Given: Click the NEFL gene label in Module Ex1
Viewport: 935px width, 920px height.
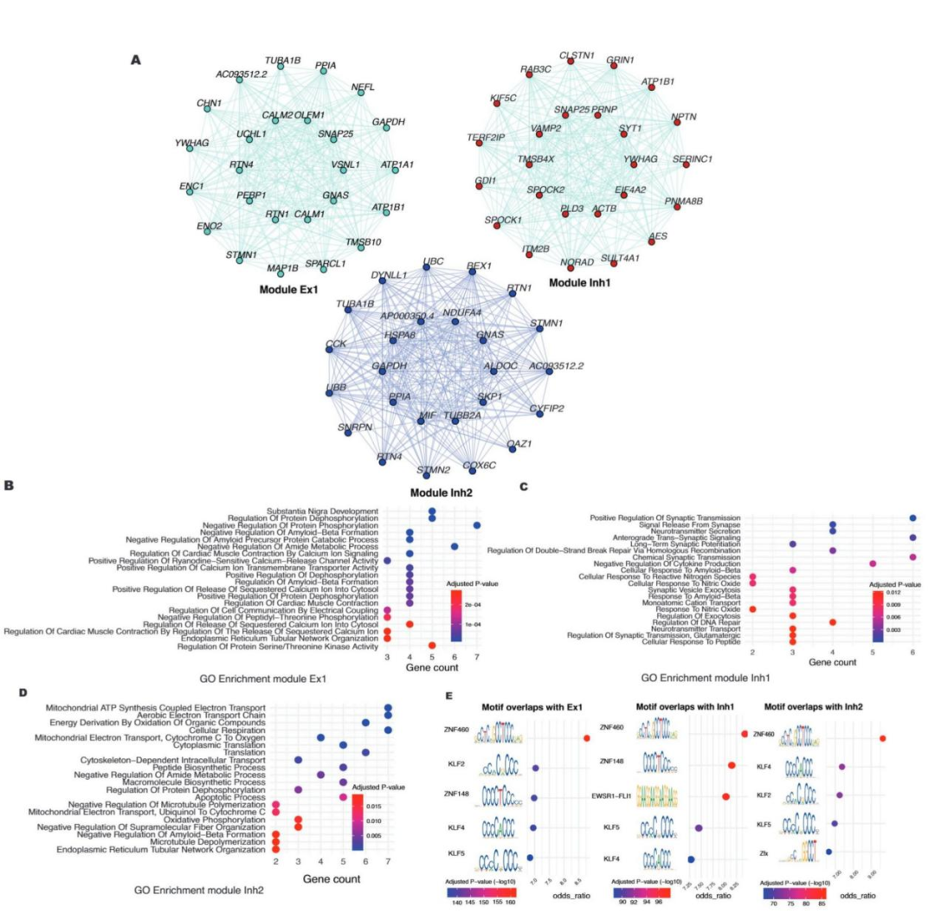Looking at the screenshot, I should tap(363, 87).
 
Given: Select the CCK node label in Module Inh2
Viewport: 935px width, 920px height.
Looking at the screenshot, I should tap(335, 344).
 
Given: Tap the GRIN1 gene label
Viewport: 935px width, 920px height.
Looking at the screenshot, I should tap(620, 61).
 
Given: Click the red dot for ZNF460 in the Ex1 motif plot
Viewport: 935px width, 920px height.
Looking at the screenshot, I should tap(586, 737).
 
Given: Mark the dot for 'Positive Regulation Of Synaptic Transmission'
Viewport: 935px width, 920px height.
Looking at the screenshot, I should tap(912, 518).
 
